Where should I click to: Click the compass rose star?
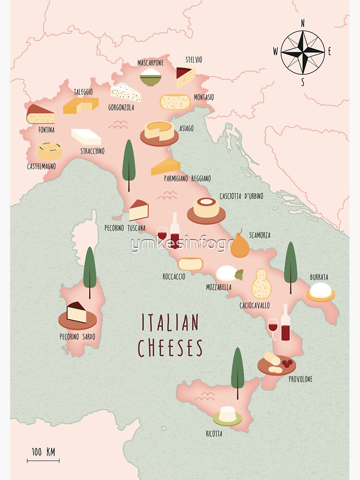tap(302, 52)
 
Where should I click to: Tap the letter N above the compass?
tap(302, 23)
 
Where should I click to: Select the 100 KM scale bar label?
tap(43, 452)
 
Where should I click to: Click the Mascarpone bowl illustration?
tap(150, 77)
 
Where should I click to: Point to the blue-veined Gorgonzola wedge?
tap(126, 92)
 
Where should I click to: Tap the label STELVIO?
tap(193, 60)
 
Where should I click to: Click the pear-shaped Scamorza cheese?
tap(240, 245)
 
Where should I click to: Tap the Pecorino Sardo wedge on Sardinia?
tap(77, 313)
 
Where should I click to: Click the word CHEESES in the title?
tap(170, 348)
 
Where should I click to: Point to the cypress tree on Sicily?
tap(237, 371)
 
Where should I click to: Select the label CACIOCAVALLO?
tap(254, 305)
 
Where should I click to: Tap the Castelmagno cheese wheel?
tap(50, 151)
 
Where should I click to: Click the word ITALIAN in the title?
tap(170, 323)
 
